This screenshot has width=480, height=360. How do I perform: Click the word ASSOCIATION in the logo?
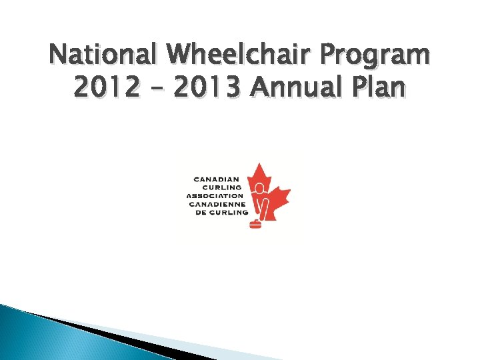[x=215, y=196]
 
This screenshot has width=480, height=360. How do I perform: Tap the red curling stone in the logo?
[x=255, y=224]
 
